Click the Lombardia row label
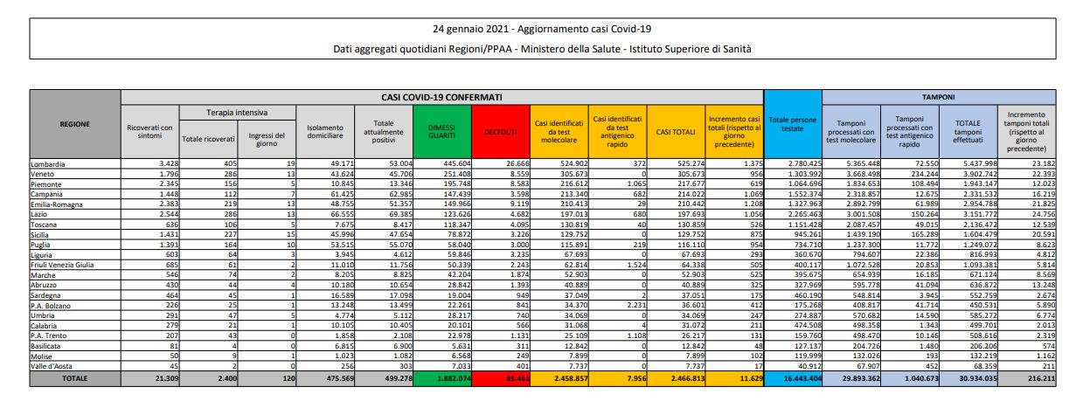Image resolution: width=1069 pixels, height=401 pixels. (x=53, y=162)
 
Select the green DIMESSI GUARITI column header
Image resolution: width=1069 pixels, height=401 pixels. (x=441, y=130)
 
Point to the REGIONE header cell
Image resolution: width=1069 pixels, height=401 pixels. (x=74, y=124)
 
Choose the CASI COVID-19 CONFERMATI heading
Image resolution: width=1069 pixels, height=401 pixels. (x=441, y=98)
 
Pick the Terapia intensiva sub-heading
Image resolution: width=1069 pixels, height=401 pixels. (x=237, y=113)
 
